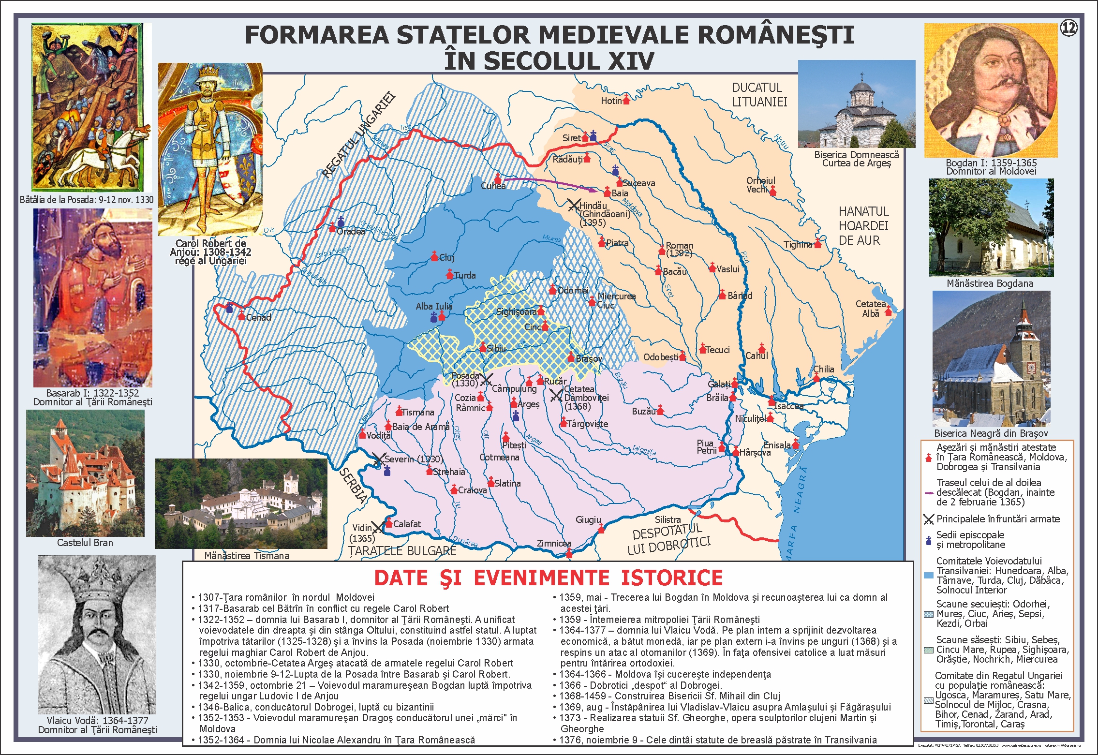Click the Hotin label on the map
(x=611, y=101)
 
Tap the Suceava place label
(x=639, y=183)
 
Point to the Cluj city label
(x=447, y=258)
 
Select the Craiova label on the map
(x=472, y=490)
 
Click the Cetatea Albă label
(x=871, y=309)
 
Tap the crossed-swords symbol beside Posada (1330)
(x=486, y=379)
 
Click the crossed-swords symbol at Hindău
(x=574, y=205)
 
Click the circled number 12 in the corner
(x=1068, y=29)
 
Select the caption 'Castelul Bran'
(x=85, y=543)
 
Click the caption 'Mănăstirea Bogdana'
(x=990, y=283)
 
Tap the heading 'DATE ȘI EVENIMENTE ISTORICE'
(x=548, y=578)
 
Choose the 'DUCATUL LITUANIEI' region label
(x=759, y=95)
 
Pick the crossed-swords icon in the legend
(x=928, y=519)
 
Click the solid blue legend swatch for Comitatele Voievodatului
(x=928, y=576)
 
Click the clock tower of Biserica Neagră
(x=1024, y=339)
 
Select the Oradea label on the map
(x=351, y=232)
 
